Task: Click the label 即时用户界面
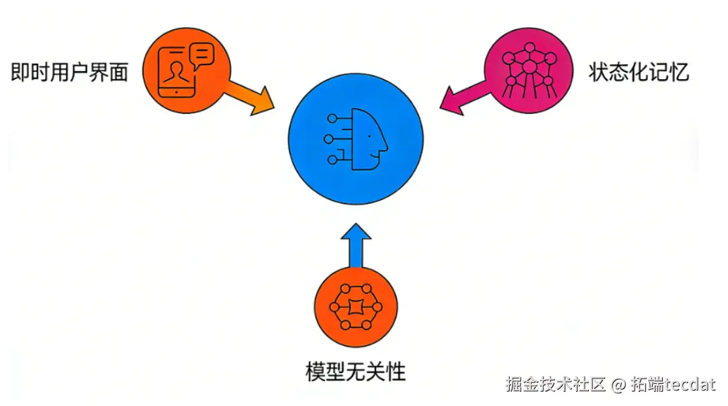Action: pyautogui.click(x=69, y=72)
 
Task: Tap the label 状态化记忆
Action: pyautogui.click(x=638, y=72)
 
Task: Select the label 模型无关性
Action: pyautogui.click(x=355, y=370)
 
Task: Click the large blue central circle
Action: pyautogui.click(x=356, y=139)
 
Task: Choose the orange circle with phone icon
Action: pyautogui.click(x=186, y=69)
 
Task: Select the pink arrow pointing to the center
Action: pyautogui.click(x=463, y=97)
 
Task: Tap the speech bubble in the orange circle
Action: pyautogui.click(x=202, y=54)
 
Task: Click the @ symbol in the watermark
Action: pyautogui.click(x=619, y=385)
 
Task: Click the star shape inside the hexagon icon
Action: pyautogui.click(x=355, y=307)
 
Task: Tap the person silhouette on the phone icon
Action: pyautogui.click(x=177, y=72)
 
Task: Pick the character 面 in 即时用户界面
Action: pyautogui.click(x=118, y=72)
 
